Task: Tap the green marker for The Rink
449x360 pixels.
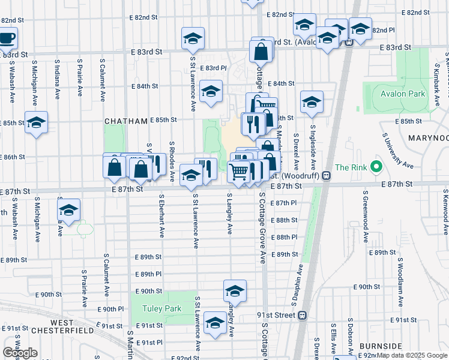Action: [376, 167]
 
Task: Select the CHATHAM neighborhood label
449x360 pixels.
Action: [126, 121]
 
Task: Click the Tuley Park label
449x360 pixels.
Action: [161, 309]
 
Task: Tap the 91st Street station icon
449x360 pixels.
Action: [303, 314]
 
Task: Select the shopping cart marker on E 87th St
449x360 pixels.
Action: [239, 172]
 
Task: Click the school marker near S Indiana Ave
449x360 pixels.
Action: [69, 211]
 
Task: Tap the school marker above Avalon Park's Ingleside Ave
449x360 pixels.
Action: [312, 103]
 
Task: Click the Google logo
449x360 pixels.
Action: [20, 353]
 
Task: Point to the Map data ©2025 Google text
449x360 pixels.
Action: [411, 355]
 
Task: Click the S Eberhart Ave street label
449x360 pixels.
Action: [161, 214]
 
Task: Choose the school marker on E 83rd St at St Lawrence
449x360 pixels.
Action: [193, 38]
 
